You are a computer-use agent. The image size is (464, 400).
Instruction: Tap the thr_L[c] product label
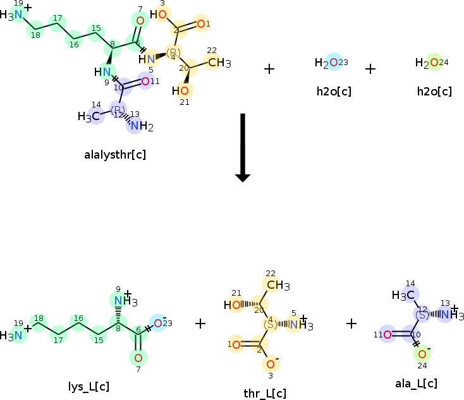(265, 393)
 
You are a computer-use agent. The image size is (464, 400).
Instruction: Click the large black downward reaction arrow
(242, 148)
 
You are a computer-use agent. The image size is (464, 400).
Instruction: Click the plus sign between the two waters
(370, 68)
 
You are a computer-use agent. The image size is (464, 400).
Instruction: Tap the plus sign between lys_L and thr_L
(200, 324)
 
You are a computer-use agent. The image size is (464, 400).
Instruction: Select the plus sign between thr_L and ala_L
(352, 324)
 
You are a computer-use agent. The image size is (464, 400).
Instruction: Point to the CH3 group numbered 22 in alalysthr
(218, 62)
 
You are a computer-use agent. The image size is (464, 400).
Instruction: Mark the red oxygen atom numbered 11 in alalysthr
(145, 82)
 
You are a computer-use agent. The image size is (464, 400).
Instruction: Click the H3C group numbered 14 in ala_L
(404, 294)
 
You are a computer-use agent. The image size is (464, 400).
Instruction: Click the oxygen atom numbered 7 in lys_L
(138, 358)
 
